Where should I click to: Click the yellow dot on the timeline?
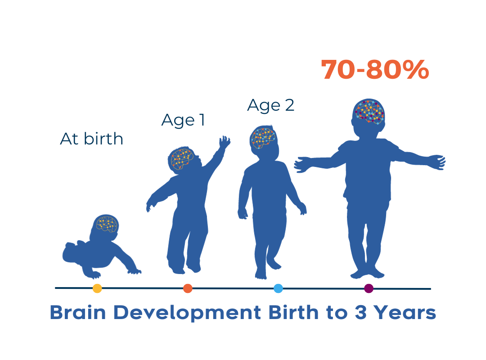coord(97,288)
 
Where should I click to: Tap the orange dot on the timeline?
coord(188,288)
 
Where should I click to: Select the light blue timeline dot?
coord(278,288)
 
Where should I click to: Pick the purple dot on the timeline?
coord(369,288)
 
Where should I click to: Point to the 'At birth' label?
coord(91,139)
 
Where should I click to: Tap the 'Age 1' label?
coord(183,120)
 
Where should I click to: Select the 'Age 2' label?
coord(270,105)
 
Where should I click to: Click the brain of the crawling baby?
coord(106,224)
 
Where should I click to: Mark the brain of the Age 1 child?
coord(182,159)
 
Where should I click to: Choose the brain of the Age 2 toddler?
coord(263,137)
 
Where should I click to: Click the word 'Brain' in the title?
coord(77,313)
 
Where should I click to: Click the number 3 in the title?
coord(360,313)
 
